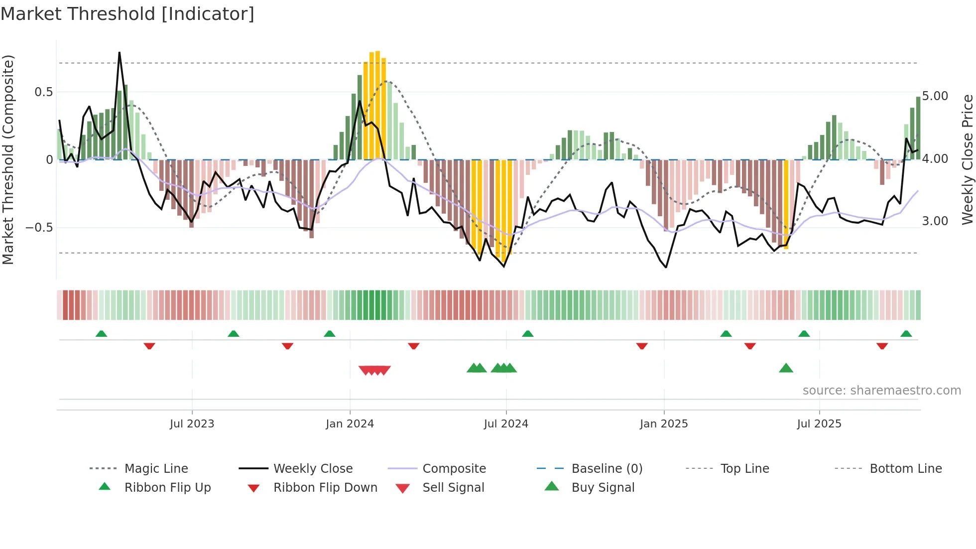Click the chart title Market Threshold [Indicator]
coord(127,14)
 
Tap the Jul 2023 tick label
coord(192,424)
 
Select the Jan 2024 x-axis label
coord(350,424)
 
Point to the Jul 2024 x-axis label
coord(506,424)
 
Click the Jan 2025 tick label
coord(664,424)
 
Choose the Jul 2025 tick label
coord(819,424)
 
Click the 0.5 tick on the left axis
coord(43,92)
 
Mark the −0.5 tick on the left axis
coord(39,228)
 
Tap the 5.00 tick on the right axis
coord(935,96)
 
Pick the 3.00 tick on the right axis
coord(935,221)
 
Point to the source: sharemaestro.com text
coord(881,391)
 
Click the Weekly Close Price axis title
coord(967,159)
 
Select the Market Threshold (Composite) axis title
coord(8,159)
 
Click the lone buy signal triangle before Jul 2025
coord(786,369)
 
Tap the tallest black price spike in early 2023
coord(120,53)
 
